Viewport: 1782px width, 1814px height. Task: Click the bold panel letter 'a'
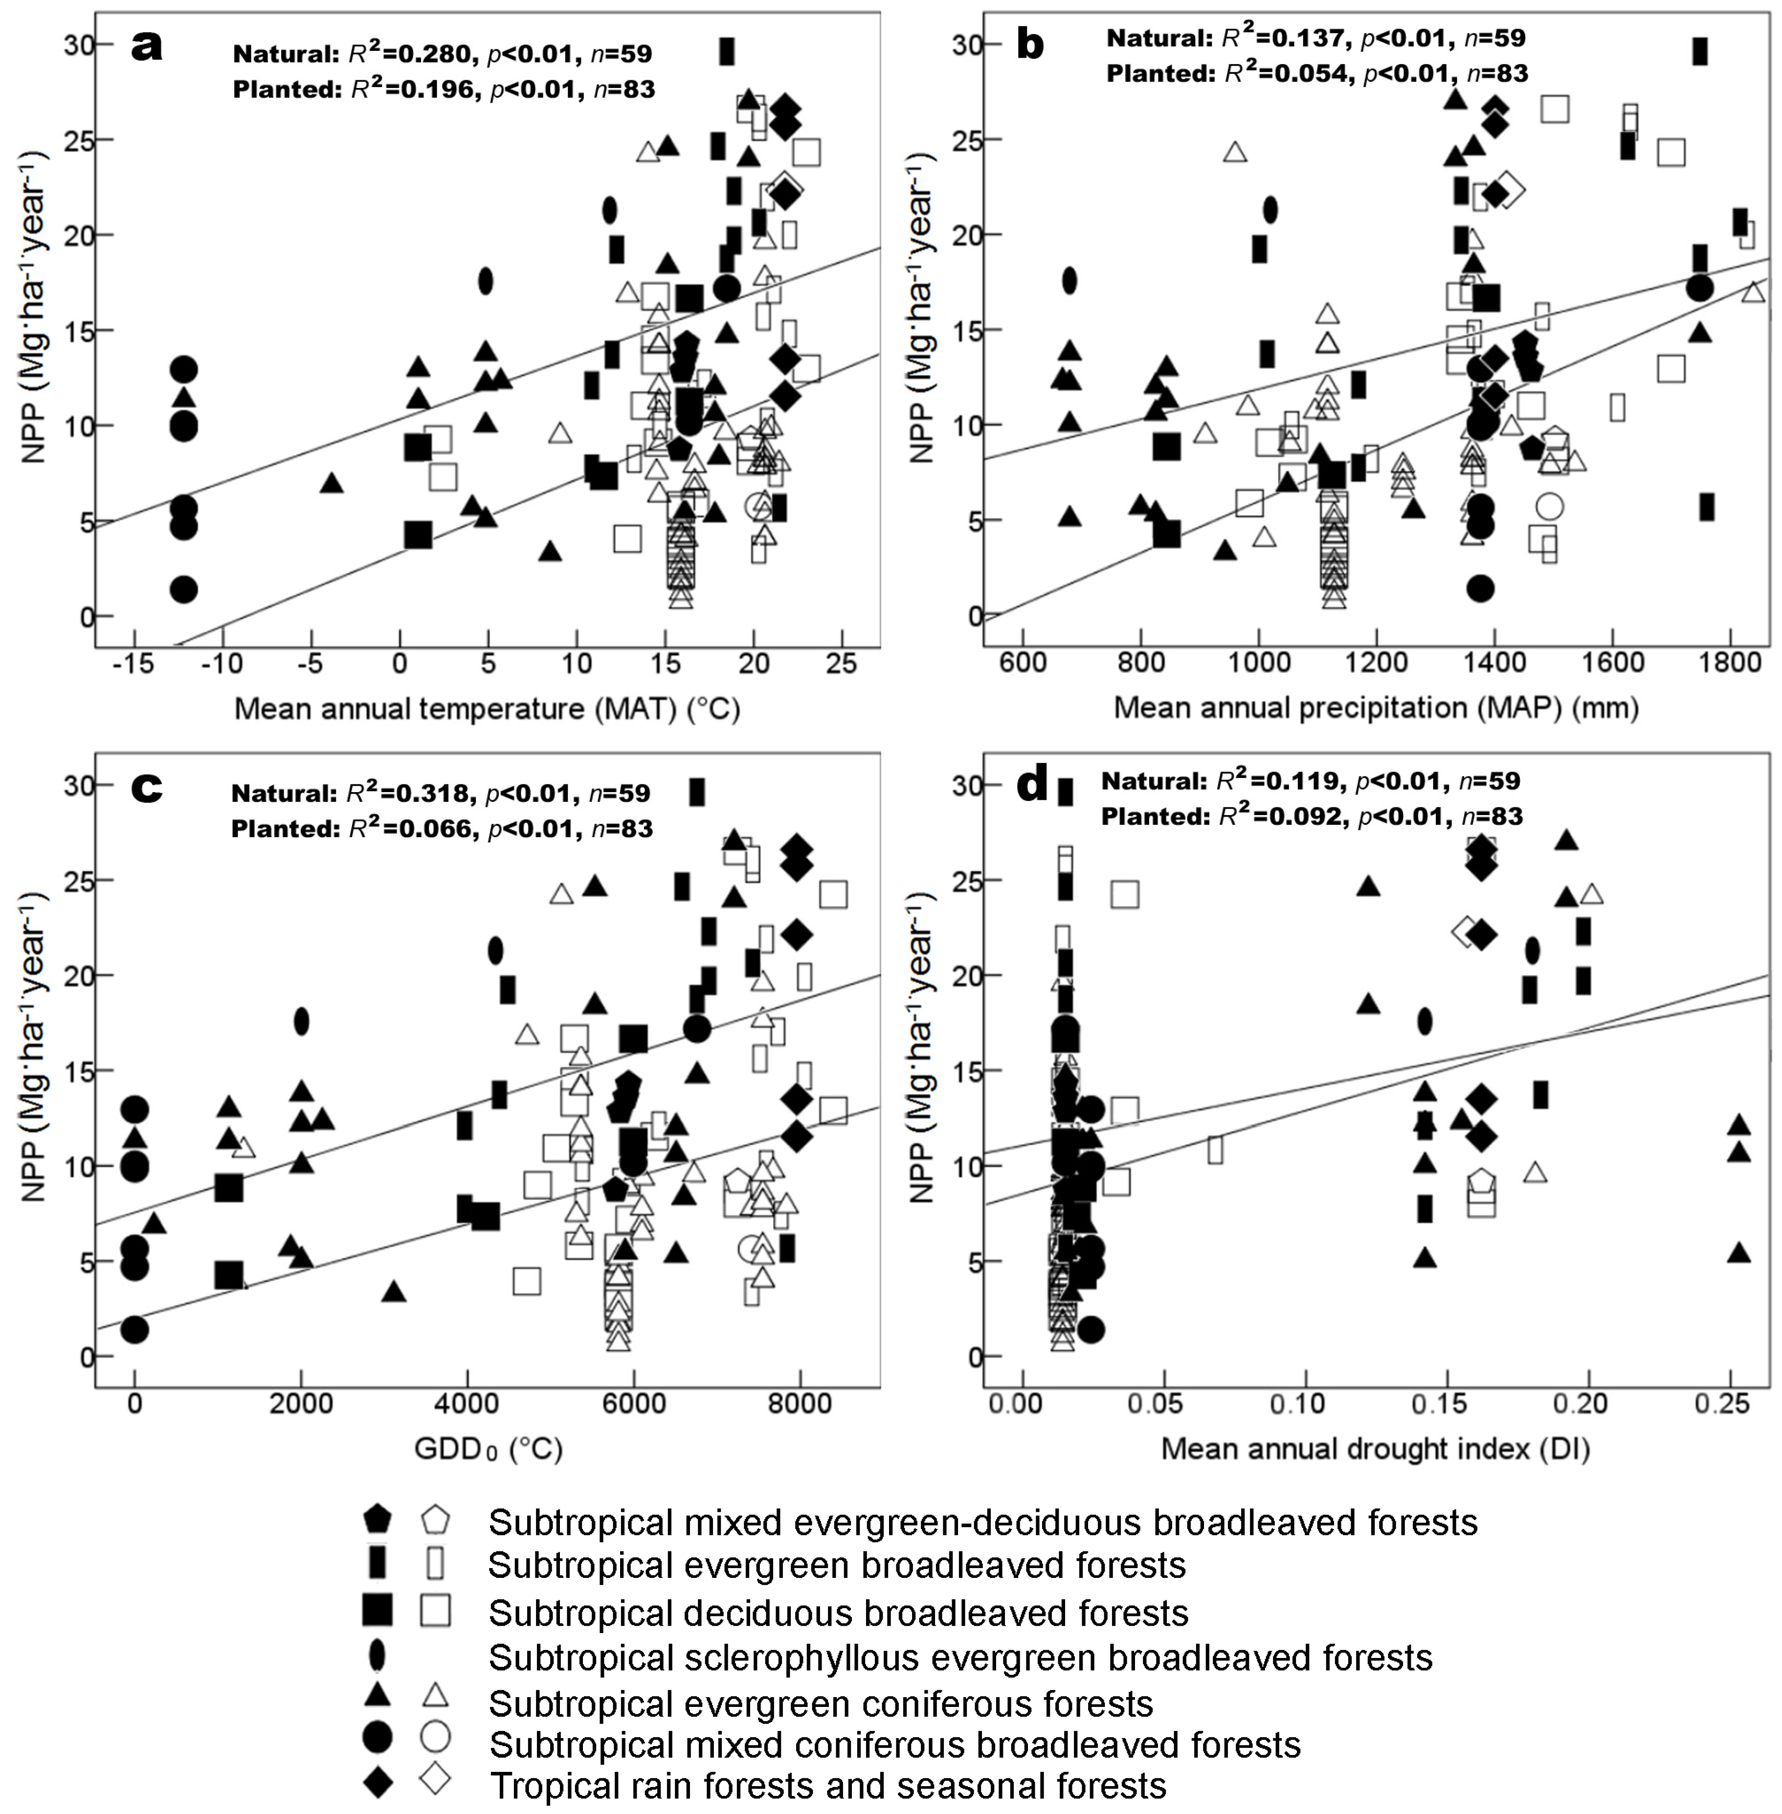[146, 45]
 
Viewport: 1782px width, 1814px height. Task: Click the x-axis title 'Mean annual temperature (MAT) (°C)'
[487, 708]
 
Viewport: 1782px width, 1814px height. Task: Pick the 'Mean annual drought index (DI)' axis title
[1376, 1449]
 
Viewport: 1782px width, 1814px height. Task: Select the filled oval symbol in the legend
[377, 1655]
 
